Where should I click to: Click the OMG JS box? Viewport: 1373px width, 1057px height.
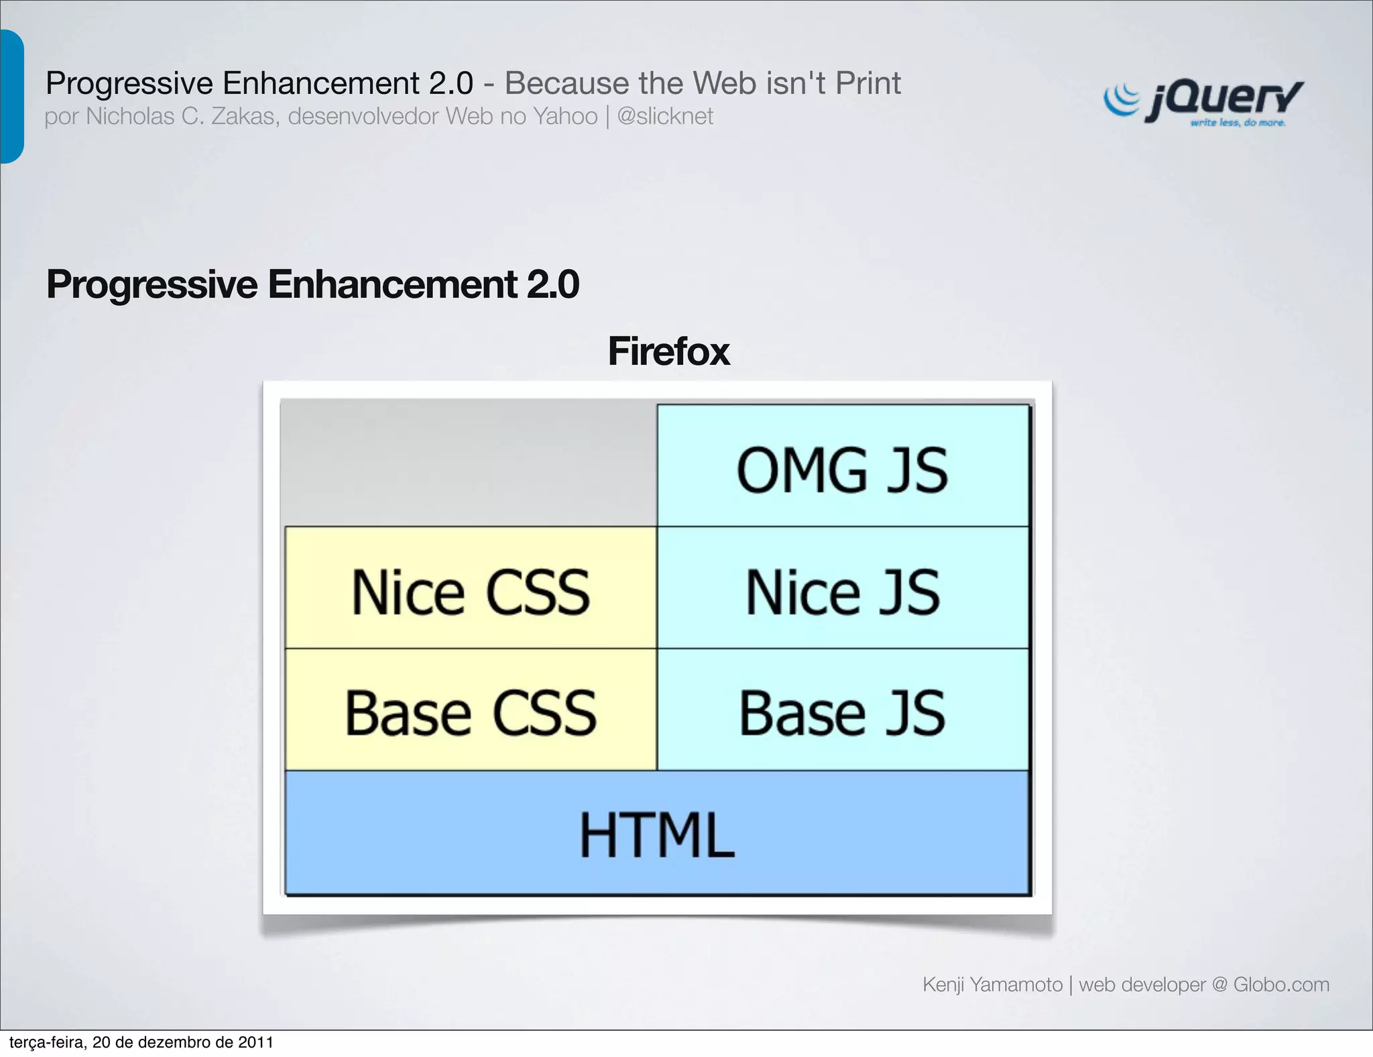point(843,467)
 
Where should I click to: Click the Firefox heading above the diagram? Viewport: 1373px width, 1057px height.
point(668,351)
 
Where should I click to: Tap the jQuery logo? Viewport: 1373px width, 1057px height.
point(1203,101)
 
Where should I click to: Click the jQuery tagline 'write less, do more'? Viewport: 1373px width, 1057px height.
point(1238,123)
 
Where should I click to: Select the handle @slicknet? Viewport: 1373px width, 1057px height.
point(664,116)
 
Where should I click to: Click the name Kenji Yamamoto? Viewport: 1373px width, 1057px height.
point(992,984)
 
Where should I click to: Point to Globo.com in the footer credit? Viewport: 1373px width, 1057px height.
point(1281,984)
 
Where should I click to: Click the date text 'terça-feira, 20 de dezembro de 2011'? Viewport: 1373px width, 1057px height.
point(141,1042)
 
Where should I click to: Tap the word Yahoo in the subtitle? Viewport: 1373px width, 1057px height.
point(565,116)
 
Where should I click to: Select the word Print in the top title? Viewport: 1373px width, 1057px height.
point(868,83)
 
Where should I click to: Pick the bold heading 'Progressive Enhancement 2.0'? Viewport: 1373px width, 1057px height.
point(312,284)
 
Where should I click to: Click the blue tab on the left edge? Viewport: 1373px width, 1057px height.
point(11,97)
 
